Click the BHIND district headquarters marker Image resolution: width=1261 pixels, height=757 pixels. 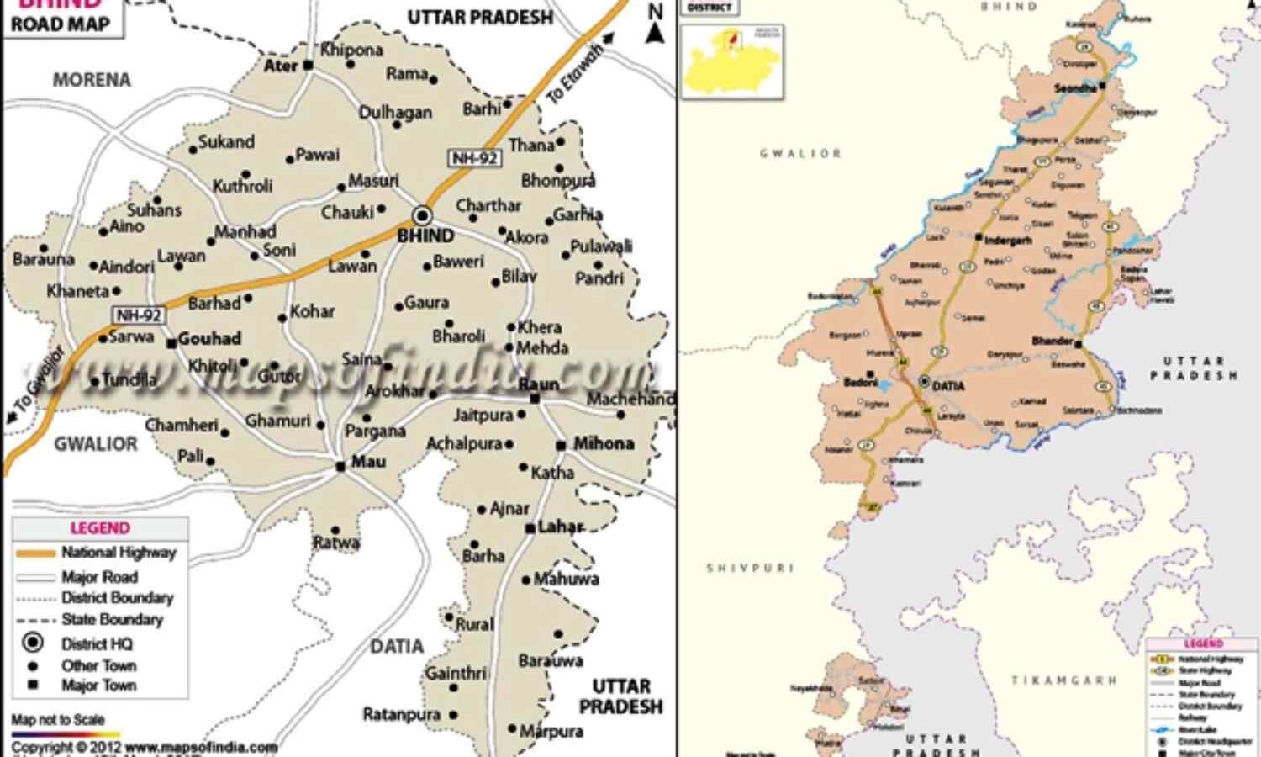click(x=422, y=215)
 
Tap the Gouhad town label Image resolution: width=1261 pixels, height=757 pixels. click(x=209, y=338)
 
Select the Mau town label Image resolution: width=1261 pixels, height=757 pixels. click(x=367, y=462)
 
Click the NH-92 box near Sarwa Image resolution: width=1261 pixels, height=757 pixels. click(x=140, y=315)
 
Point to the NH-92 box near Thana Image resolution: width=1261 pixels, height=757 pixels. click(x=475, y=158)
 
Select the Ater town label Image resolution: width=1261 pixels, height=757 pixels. click(x=281, y=66)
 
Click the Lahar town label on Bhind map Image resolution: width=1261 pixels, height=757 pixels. click(x=560, y=527)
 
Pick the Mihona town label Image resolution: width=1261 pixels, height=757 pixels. click(x=603, y=443)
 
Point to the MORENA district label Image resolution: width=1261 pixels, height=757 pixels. click(x=92, y=80)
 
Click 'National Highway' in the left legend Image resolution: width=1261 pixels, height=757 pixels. click(x=119, y=553)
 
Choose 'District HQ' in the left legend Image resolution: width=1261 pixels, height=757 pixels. click(x=97, y=644)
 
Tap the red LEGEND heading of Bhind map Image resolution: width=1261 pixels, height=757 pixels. click(x=100, y=528)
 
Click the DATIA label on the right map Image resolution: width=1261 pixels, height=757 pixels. click(x=948, y=386)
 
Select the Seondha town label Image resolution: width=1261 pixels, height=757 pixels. click(x=1076, y=88)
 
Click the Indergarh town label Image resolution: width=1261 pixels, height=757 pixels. click(x=1007, y=241)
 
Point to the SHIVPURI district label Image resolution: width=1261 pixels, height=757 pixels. click(x=750, y=569)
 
